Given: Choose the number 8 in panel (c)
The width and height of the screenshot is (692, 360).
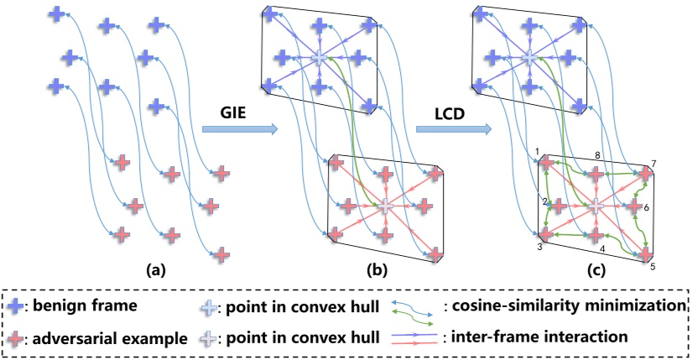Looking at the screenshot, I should [x=596, y=155].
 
